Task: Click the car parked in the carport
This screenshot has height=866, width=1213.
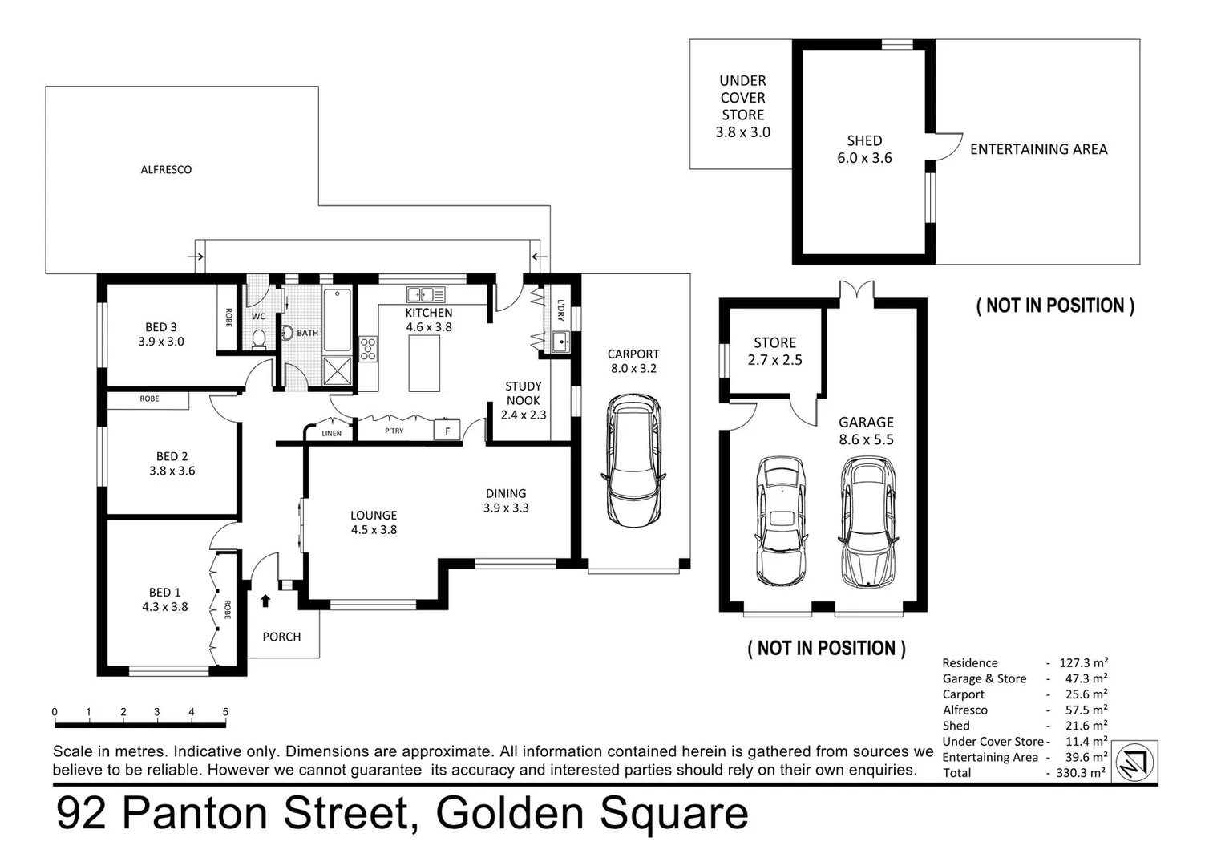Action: pos(633,459)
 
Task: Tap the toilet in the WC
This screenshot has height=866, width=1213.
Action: pos(258,339)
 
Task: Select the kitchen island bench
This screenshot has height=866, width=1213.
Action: pos(424,363)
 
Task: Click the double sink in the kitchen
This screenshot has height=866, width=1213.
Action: pos(425,294)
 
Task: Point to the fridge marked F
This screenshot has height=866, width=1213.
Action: pos(447,431)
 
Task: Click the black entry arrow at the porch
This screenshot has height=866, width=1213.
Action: pos(265,600)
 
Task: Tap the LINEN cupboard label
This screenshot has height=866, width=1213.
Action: pos(331,433)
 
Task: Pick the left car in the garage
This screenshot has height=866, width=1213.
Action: pos(780,520)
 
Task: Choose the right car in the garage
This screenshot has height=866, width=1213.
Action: pos(867,520)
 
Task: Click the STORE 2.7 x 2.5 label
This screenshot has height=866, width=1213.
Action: pos(774,351)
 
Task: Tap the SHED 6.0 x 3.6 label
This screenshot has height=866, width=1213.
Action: pos(864,149)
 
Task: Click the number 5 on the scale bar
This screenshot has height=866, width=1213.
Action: pos(225,712)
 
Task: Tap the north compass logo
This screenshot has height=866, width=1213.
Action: pos(1135,761)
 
